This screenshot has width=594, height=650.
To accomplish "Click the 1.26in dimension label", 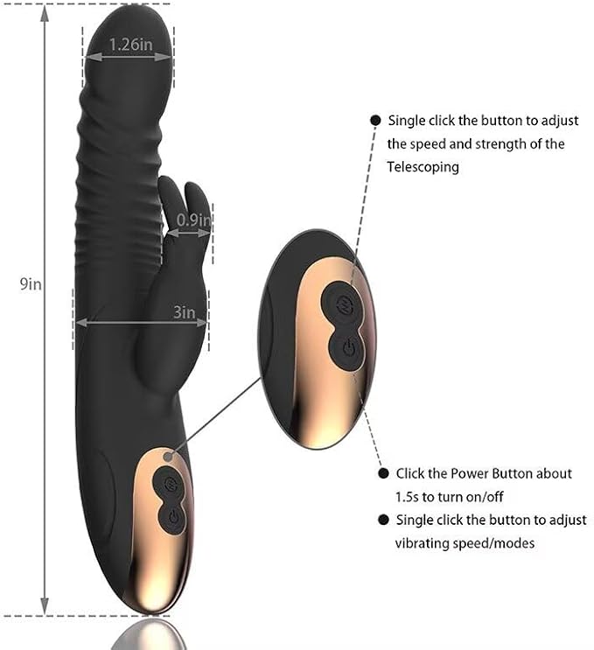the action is (131, 44).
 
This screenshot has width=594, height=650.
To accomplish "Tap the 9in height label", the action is (31, 284).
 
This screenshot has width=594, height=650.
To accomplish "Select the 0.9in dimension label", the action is (193, 220).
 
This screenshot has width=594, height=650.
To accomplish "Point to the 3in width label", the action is (184, 311).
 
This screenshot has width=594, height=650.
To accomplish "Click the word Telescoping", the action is (423, 167).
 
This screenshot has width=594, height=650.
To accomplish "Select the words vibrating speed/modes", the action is (465, 542).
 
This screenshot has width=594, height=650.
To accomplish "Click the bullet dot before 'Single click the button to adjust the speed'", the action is (375, 120).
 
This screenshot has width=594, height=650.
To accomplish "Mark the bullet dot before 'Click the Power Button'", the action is (383, 473).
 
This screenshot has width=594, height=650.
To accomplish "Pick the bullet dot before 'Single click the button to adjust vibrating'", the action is (383, 520).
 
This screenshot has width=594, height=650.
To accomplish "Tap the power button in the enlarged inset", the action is (347, 347).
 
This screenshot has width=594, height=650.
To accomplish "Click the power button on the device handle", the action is (174, 517).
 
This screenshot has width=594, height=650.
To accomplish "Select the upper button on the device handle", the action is (170, 483).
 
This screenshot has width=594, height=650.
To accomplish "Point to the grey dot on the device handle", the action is (167, 457).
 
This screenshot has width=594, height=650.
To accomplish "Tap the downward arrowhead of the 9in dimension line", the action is (45, 606).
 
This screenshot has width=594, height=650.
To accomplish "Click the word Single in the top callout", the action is (406, 121).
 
